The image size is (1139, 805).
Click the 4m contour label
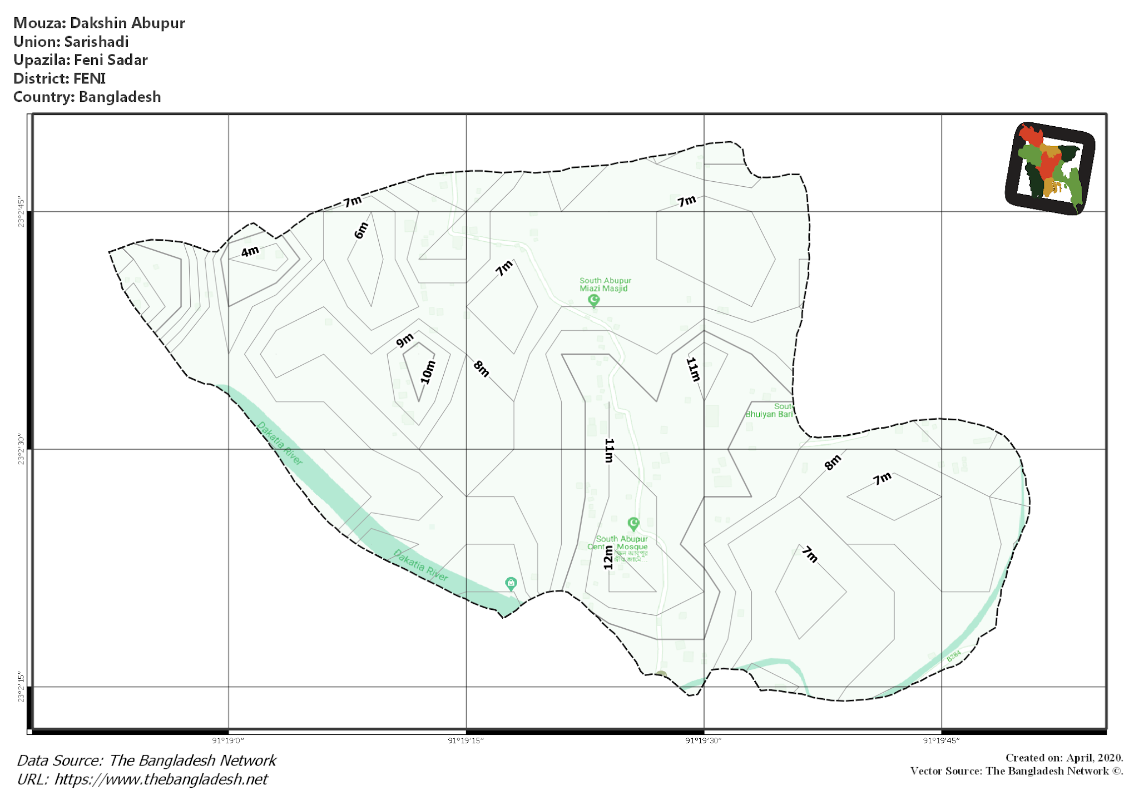click(x=250, y=251)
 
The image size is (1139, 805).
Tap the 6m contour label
click(x=361, y=230)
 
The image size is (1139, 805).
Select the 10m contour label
click(x=427, y=372)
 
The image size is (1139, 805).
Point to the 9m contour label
click(x=405, y=340)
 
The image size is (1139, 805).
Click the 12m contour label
click(x=608, y=557)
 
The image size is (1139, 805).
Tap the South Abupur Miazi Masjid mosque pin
click(x=594, y=301)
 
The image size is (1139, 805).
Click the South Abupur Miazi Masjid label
click(x=605, y=285)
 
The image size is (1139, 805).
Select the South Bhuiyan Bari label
click(x=770, y=410)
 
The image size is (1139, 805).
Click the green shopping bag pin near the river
click(x=511, y=583)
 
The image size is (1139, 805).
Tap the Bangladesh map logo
click(x=1050, y=168)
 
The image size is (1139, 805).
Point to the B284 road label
click(x=954, y=657)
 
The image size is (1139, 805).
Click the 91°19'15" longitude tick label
click(x=465, y=741)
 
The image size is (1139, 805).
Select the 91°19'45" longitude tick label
click(x=941, y=741)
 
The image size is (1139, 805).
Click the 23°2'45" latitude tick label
click(x=21, y=211)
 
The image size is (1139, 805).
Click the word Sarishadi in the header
click(x=96, y=42)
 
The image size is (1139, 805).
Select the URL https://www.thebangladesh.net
click(x=161, y=779)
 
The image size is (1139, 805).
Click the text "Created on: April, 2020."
click(x=1064, y=758)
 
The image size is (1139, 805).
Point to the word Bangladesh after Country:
click(x=120, y=97)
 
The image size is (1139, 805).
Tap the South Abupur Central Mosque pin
click(x=633, y=524)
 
